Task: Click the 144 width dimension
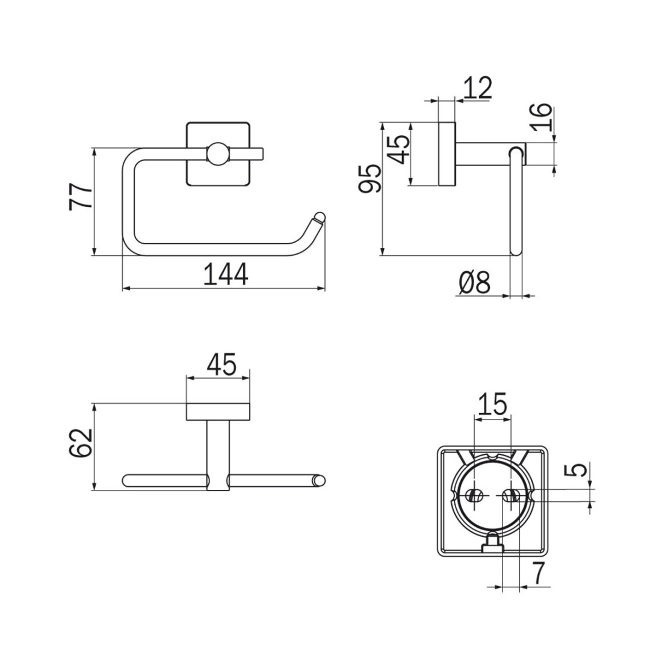click(226, 274)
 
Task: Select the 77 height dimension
click(81, 196)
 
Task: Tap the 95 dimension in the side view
click(370, 179)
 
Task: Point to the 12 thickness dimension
click(477, 88)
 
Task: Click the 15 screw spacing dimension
click(492, 404)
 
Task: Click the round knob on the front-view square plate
click(218, 153)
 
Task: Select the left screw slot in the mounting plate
click(475, 495)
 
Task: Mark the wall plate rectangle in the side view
click(447, 153)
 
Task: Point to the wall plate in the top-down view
click(218, 412)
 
